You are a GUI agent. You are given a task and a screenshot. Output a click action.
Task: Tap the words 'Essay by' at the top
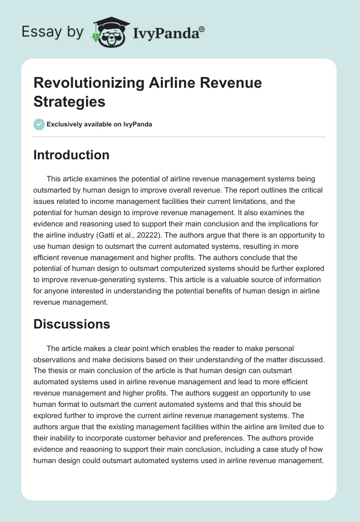click(52, 32)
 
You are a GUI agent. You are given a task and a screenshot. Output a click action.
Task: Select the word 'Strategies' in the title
click(69, 101)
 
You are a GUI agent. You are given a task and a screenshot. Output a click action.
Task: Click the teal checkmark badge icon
click(39, 124)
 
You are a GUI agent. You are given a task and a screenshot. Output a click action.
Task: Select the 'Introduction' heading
click(72, 155)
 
